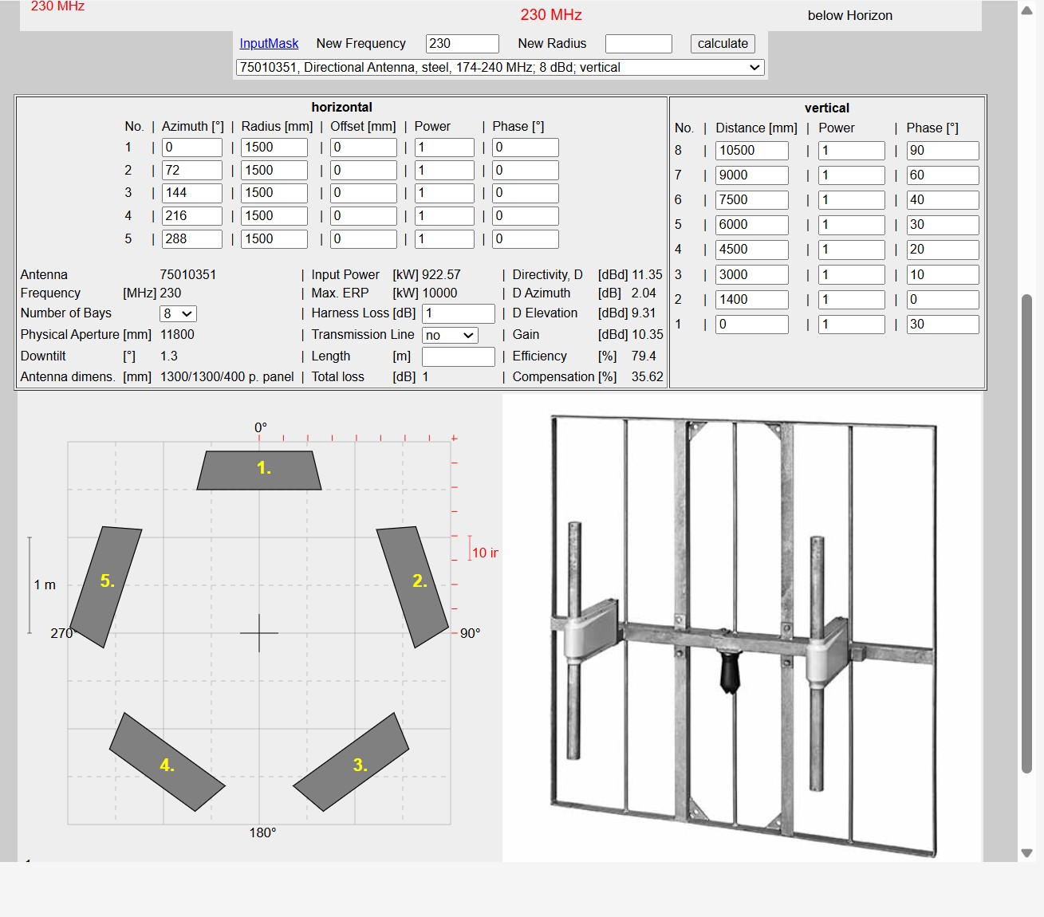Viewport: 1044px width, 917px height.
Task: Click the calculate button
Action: pyautogui.click(x=723, y=44)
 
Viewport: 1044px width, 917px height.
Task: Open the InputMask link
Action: pyautogui.click(x=269, y=44)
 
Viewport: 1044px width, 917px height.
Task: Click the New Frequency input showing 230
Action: pyautogui.click(x=463, y=44)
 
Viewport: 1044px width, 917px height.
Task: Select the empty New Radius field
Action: pyautogui.click(x=639, y=44)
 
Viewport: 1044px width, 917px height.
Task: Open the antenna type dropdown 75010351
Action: pyautogui.click(x=500, y=68)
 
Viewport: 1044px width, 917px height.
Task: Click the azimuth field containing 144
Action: pyautogui.click(x=191, y=193)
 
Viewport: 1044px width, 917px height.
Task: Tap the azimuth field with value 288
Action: pyautogui.click(x=191, y=239)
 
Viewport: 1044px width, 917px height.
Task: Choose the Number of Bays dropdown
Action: pyautogui.click(x=178, y=313)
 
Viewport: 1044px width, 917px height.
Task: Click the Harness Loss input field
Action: pyautogui.click(x=458, y=313)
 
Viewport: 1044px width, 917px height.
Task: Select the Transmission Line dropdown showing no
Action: pyautogui.click(x=450, y=336)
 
